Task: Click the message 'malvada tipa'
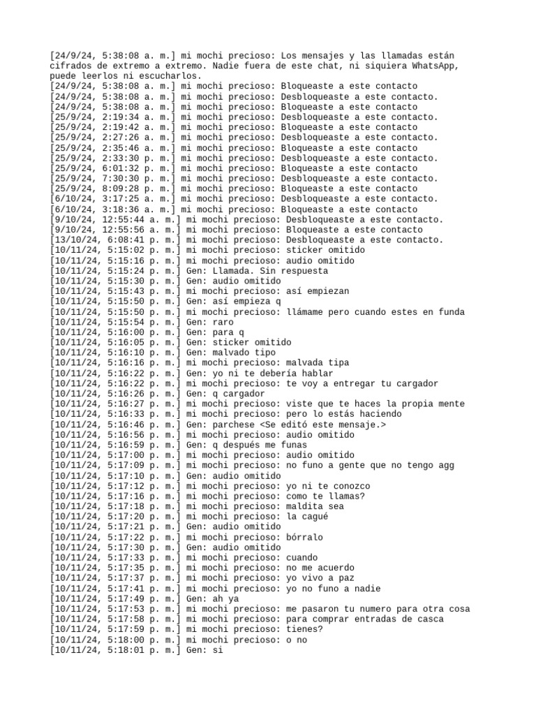(x=318, y=363)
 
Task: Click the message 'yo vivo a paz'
(x=320, y=578)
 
